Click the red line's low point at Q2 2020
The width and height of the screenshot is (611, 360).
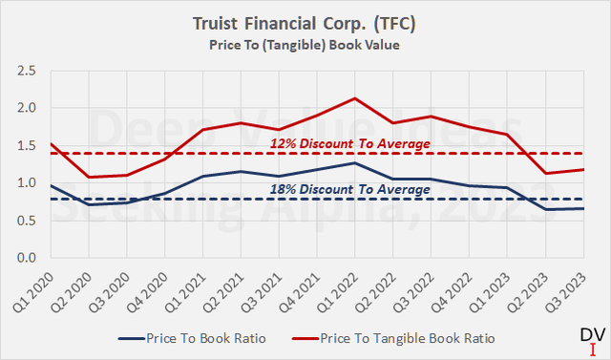[90, 177]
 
